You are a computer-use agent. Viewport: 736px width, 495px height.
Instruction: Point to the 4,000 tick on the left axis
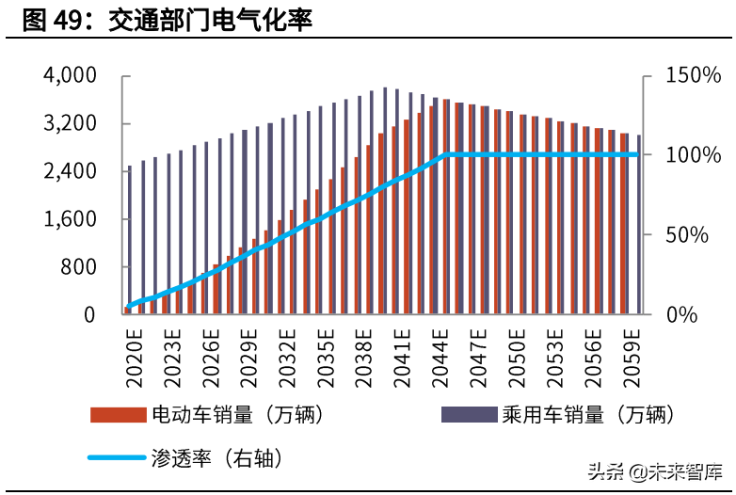click(x=70, y=76)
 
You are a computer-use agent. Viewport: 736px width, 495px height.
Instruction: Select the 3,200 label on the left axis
click(x=70, y=124)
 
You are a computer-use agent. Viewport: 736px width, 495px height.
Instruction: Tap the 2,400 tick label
click(x=70, y=172)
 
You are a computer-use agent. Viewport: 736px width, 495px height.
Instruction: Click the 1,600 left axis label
click(x=70, y=220)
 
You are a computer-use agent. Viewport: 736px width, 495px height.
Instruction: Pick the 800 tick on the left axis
click(x=77, y=267)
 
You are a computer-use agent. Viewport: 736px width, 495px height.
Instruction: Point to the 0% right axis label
click(x=681, y=315)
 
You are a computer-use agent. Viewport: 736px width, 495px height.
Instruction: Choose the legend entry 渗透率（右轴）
click(x=216, y=458)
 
